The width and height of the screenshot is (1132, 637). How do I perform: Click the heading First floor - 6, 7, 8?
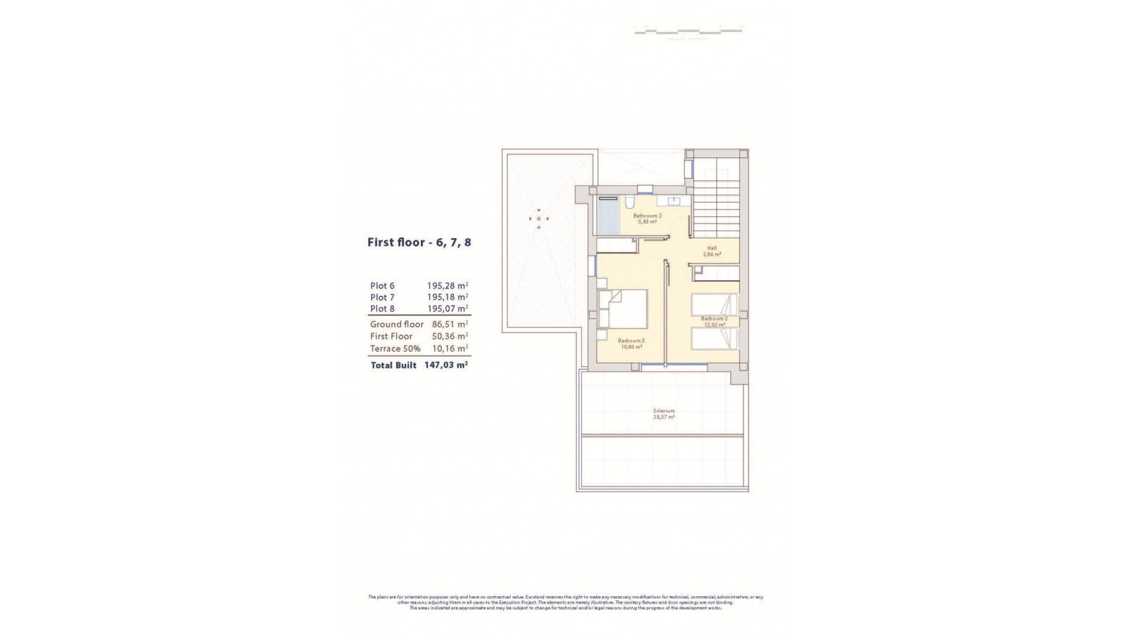coord(419,242)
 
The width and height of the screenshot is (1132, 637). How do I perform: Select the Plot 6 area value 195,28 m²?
coord(447,286)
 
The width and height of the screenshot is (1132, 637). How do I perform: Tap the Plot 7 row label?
coord(382,297)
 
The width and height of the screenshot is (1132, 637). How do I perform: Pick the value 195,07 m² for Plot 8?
coord(447,308)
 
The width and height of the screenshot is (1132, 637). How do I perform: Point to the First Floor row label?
coord(391,336)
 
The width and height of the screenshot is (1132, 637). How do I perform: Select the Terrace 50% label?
coord(395,349)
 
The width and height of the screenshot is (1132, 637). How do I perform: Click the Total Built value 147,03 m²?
coord(446,365)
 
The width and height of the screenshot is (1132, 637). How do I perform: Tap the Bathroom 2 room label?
coord(647,216)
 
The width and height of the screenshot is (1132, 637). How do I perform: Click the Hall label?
coord(712,248)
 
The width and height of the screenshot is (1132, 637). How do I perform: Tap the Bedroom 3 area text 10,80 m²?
coord(631,347)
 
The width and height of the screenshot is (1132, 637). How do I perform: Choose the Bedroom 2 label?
coord(714,318)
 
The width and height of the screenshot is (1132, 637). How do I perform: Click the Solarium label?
coord(663,411)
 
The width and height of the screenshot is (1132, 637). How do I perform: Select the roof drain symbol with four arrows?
coord(538,219)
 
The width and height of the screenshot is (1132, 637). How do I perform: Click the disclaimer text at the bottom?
coord(565,602)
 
